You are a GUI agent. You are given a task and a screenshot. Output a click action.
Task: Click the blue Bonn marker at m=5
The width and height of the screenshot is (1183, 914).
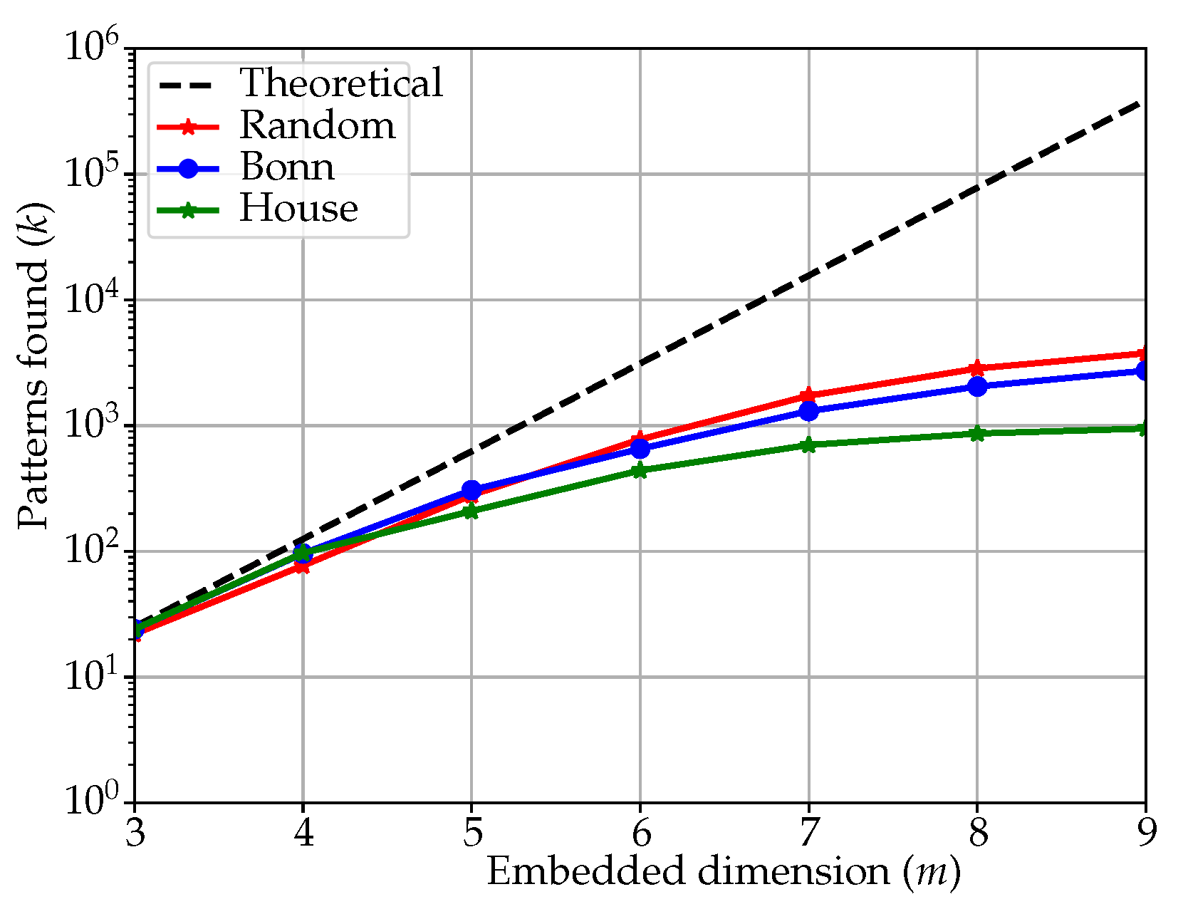point(471,490)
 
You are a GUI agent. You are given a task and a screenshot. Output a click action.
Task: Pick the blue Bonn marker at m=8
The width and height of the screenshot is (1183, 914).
point(977,386)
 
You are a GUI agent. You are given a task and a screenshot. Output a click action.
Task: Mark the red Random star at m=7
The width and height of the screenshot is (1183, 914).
point(808,395)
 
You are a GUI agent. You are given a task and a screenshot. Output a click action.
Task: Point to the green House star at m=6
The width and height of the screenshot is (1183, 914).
point(640,470)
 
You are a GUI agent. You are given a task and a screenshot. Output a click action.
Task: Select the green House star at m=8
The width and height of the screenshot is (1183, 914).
point(977,433)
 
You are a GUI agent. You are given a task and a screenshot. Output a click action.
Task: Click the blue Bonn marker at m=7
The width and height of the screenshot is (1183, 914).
point(808,411)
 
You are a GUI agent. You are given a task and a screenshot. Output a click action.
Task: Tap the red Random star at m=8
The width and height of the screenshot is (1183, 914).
point(977,368)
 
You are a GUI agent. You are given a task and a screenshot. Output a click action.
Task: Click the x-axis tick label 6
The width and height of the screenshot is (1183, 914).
point(640,831)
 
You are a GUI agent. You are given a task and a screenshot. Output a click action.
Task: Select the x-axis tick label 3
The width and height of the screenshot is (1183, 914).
point(135,831)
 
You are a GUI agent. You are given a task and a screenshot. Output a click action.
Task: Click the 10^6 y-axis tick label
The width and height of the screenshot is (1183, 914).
point(93,49)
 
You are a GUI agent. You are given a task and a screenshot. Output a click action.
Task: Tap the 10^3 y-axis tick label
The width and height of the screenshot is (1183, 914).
point(93,426)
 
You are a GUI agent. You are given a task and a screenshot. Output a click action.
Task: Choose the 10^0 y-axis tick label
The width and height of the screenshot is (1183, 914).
point(93,802)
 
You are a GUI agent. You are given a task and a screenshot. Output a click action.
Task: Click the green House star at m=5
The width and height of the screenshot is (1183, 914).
point(471,511)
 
